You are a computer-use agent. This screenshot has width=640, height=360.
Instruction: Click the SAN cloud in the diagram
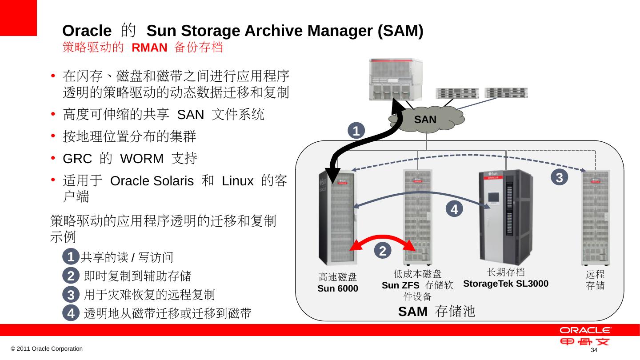(x=425, y=119)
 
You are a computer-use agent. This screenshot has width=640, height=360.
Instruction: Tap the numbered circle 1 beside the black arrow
(x=356, y=131)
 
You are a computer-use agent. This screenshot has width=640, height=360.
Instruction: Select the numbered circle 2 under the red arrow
(x=382, y=251)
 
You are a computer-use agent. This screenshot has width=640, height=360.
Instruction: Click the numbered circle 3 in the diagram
(x=560, y=177)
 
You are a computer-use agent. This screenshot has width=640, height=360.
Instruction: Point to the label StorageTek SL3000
(x=506, y=284)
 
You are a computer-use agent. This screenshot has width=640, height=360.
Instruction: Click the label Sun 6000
(x=338, y=288)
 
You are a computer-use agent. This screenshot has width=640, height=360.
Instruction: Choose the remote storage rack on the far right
(x=596, y=218)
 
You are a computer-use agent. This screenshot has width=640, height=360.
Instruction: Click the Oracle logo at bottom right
(x=585, y=331)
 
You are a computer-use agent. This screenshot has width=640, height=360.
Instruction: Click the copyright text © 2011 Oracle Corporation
(x=47, y=349)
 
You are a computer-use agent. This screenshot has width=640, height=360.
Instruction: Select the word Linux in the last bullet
(x=237, y=181)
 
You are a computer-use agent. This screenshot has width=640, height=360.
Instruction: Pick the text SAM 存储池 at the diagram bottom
(x=437, y=312)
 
